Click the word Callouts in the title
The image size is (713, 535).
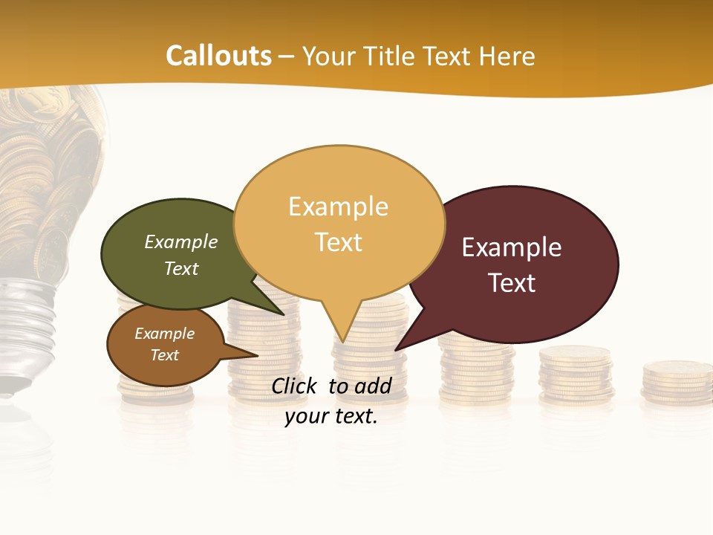tap(218, 56)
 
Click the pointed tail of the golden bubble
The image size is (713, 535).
tap(342, 334)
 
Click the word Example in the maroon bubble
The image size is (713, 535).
tap(512, 247)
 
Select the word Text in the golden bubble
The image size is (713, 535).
tap(339, 242)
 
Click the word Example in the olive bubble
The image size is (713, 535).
tap(181, 241)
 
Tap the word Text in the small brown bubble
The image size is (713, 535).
tap(165, 355)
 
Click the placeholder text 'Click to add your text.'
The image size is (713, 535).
tap(331, 401)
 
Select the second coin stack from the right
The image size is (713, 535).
tap(576, 375)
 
